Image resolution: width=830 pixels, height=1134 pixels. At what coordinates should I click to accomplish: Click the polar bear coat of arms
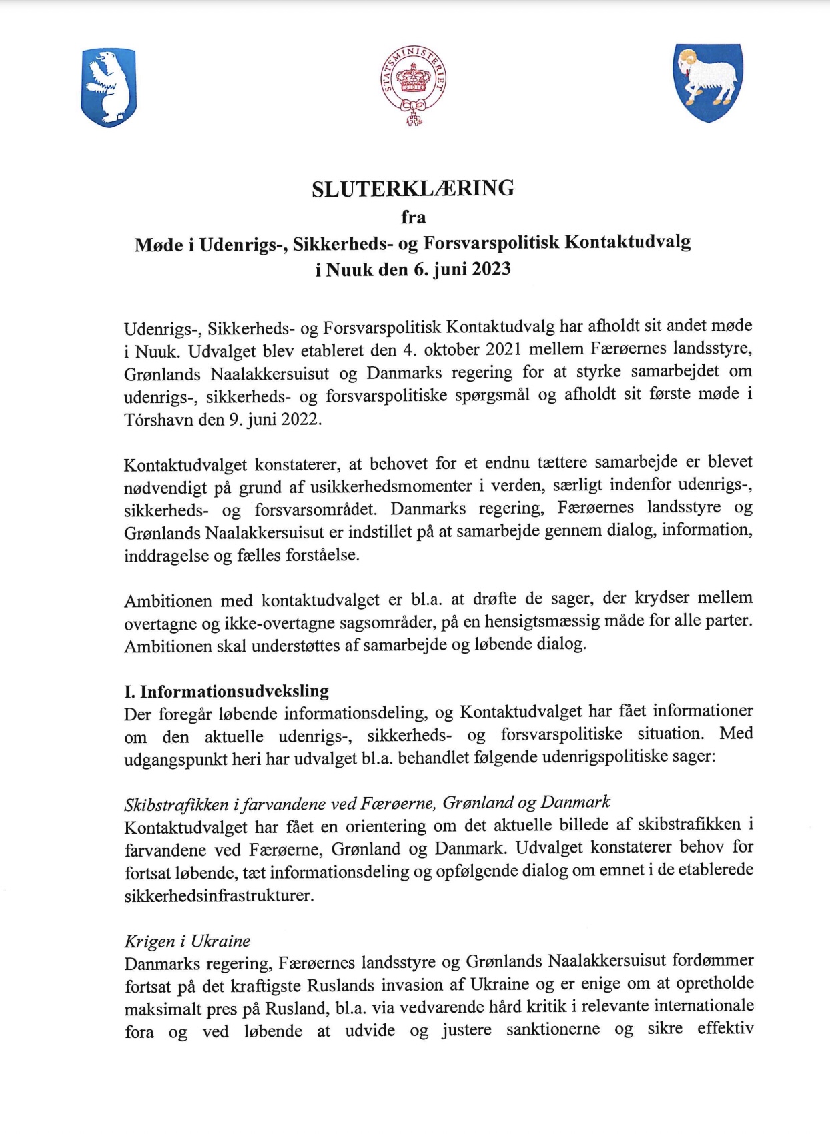[109, 87]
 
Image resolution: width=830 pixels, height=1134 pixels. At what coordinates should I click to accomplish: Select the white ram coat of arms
[708, 82]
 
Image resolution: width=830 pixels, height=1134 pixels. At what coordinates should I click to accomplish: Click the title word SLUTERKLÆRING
[413, 189]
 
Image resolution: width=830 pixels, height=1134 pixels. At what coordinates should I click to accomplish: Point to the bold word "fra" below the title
[413, 217]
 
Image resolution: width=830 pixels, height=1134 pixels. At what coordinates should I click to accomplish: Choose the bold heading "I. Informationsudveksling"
[226, 691]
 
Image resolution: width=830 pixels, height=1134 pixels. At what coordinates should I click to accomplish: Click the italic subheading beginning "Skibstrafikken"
[367, 802]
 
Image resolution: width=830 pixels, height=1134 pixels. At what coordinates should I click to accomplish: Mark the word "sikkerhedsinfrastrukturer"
[219, 895]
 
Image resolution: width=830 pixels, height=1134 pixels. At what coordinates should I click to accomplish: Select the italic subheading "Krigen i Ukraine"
[187, 941]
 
